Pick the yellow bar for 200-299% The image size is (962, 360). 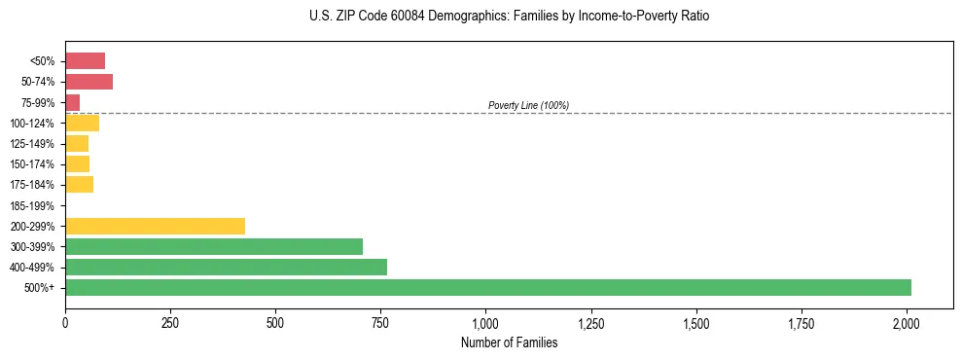coord(155,226)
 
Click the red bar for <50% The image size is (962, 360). coord(85,61)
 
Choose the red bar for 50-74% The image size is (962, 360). coord(89,82)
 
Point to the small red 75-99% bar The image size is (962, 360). coord(72,102)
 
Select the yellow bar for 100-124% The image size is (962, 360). coord(82,123)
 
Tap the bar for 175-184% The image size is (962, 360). coord(79,184)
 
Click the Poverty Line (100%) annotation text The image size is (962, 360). coord(528,105)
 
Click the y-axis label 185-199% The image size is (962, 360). coord(32,205)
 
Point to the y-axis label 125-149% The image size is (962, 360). coord(32,144)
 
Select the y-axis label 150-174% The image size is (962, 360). coord(32,164)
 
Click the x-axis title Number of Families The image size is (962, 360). coord(509,342)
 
